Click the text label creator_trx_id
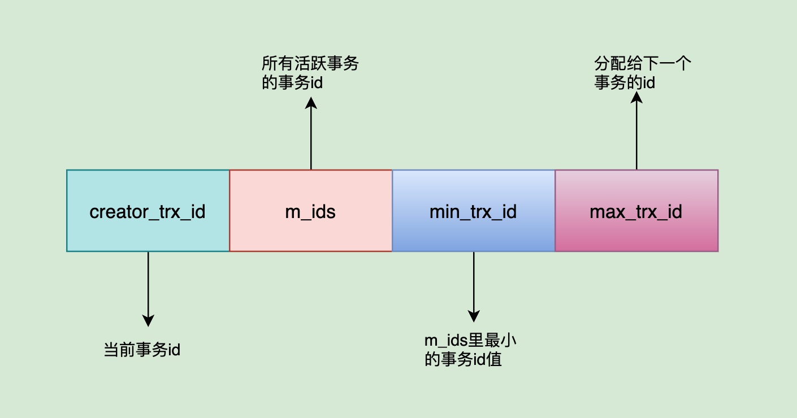(x=148, y=212)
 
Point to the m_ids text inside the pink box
(x=310, y=212)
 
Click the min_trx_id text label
(x=473, y=212)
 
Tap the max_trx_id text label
(x=636, y=212)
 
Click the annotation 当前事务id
(x=142, y=350)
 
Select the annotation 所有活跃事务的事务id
(x=310, y=73)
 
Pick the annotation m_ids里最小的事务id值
(x=471, y=350)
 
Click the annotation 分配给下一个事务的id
(x=642, y=73)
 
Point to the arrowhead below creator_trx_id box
(x=148, y=320)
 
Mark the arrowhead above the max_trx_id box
(x=636, y=98)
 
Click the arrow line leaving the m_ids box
(x=311, y=138)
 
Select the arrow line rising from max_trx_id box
(x=636, y=136)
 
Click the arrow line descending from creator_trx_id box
(x=148, y=282)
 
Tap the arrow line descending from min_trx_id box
(x=474, y=280)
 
